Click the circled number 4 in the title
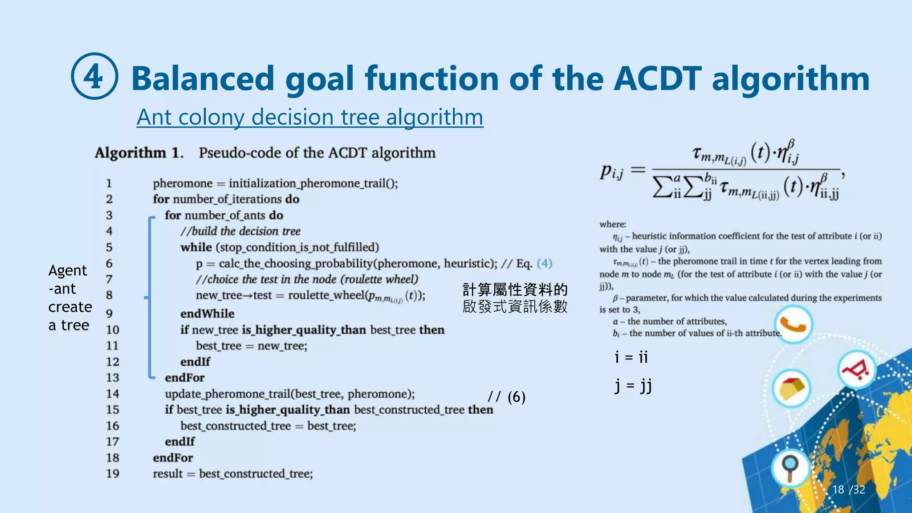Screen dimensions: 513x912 tap(94, 76)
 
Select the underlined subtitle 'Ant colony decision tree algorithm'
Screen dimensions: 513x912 tap(309, 117)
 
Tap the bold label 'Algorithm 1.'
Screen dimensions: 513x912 tap(138, 153)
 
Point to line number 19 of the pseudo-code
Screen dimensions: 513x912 tap(112, 473)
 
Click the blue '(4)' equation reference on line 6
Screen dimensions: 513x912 tap(544, 263)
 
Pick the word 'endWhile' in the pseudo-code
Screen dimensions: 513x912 tap(207, 313)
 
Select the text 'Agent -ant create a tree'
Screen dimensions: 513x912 tap(70, 297)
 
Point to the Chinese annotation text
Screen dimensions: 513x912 tap(515, 297)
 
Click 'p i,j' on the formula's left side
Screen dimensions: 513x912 tap(611, 171)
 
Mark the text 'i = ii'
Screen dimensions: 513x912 tap(631, 357)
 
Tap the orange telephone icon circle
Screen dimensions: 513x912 tap(793, 324)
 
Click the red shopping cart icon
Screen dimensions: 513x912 tap(856, 370)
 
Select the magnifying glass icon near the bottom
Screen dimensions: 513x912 tap(790, 468)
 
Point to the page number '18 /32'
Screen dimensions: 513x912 tap(848, 489)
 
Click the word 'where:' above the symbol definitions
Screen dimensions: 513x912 tap(612, 224)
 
